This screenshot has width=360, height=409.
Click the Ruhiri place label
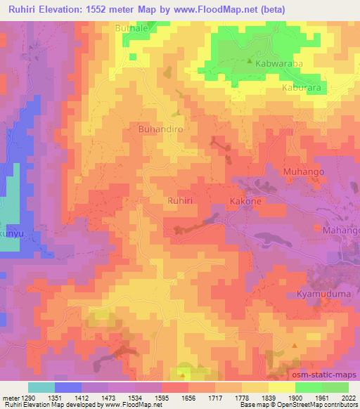click(179, 200)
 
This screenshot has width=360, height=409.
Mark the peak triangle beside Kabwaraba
click(250, 61)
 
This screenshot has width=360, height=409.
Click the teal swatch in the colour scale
click(41, 387)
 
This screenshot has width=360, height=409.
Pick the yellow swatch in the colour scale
click(282, 387)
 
